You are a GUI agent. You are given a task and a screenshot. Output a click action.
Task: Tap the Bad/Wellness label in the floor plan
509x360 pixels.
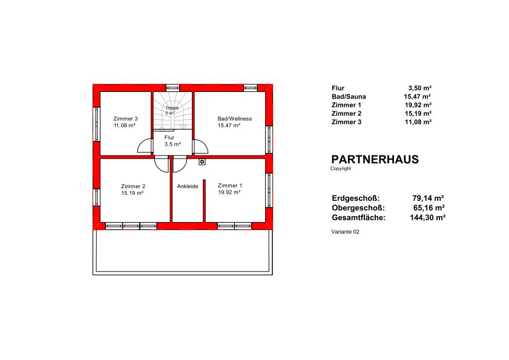tap(235, 119)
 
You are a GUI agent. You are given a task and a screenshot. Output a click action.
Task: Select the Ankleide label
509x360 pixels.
tap(187, 186)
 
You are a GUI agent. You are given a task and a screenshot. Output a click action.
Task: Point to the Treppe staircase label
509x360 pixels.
tap(172, 108)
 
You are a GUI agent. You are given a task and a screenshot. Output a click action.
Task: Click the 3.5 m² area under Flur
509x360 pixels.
tap(172, 144)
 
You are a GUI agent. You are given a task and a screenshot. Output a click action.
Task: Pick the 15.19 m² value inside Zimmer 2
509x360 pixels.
tap(133, 193)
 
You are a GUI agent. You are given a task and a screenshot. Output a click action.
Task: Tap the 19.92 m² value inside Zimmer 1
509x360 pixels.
tap(229, 192)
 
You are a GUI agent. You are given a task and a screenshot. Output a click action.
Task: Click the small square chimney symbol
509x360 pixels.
tap(202, 162)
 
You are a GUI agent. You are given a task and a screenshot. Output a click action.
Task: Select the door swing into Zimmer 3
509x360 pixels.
tap(145, 146)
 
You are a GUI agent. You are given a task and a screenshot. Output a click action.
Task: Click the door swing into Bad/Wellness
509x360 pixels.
tap(200, 146)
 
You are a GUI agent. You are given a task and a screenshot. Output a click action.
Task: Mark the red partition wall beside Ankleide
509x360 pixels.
tap(204, 201)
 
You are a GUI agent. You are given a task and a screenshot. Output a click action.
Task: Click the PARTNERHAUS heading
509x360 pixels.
tap(375, 159)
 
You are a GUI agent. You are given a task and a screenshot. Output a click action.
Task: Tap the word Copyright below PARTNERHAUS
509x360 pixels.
tap(341, 168)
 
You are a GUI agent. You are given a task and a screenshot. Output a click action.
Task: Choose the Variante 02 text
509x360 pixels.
tap(346, 232)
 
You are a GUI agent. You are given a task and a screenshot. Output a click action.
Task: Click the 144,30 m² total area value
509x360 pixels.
tap(427, 217)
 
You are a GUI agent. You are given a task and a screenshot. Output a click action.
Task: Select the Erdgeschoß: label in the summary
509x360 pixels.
tap(355, 198)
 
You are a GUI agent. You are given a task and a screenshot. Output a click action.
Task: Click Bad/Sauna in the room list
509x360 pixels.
tap(349, 97)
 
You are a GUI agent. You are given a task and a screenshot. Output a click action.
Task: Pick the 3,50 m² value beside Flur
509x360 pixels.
tap(420, 88)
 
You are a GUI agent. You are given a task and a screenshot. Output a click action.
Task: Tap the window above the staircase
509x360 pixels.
tap(172, 88)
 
